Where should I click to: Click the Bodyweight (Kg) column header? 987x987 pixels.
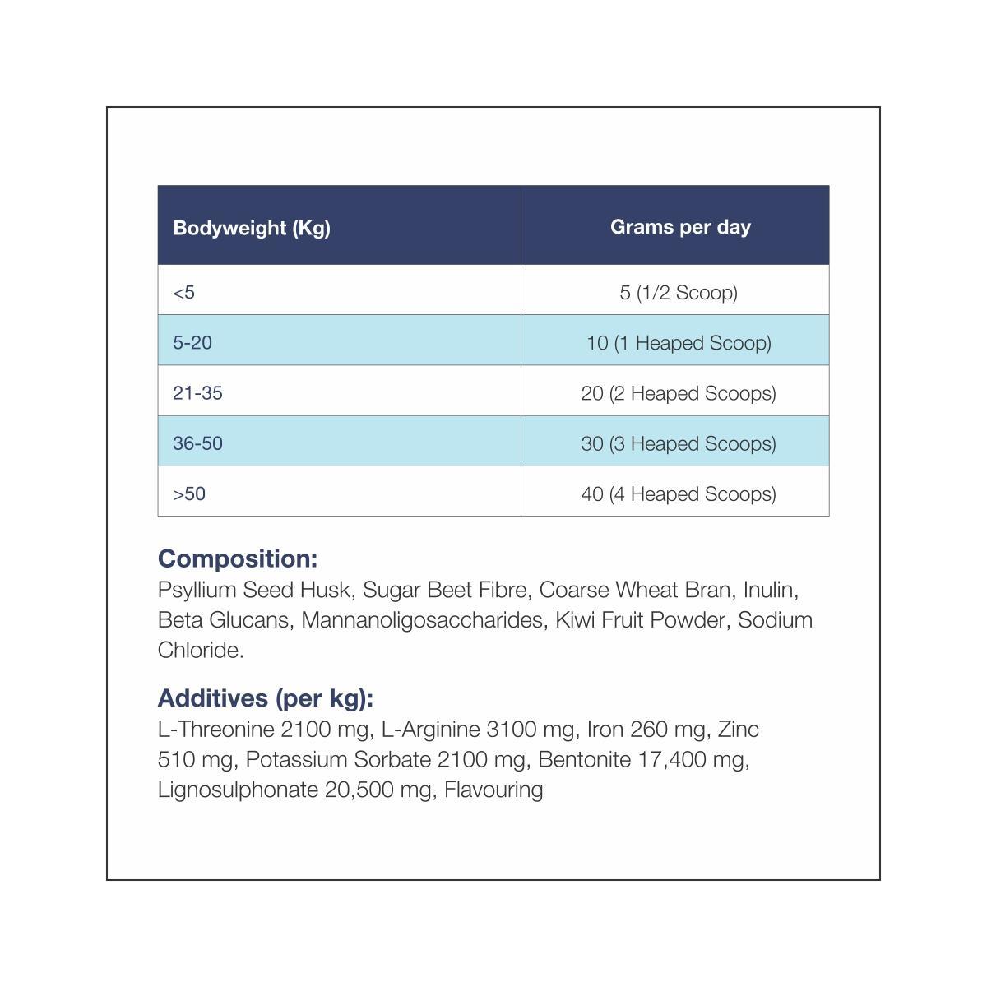click(x=252, y=228)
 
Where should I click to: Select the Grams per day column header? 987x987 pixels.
click(x=680, y=227)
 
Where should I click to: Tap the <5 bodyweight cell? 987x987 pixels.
click(x=184, y=292)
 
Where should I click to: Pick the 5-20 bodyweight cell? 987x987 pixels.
click(x=192, y=342)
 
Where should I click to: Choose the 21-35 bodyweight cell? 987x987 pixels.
click(x=197, y=393)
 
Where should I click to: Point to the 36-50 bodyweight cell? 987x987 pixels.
click(x=197, y=443)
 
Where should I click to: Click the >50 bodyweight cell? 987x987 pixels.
click(x=189, y=493)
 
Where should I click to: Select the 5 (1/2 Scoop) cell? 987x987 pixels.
click(x=679, y=292)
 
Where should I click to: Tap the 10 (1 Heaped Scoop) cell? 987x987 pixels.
click(x=679, y=342)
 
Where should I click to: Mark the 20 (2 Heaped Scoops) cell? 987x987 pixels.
click(x=679, y=393)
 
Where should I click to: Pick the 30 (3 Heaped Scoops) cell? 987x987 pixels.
click(x=679, y=443)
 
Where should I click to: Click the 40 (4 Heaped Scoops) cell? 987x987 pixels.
click(x=679, y=493)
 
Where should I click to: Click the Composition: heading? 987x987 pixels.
click(x=238, y=558)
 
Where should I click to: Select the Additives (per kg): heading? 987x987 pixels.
click(x=266, y=698)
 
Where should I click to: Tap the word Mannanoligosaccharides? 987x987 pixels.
click(x=423, y=619)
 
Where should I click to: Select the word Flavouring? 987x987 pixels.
click(x=493, y=790)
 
